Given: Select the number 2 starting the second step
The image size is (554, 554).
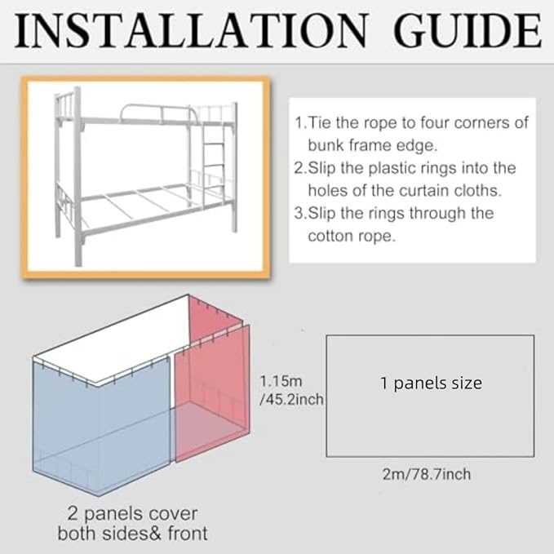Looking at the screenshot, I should click(299, 168).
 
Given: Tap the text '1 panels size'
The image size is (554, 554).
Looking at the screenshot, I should click(430, 383).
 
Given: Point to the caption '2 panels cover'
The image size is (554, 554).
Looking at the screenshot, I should click(132, 514).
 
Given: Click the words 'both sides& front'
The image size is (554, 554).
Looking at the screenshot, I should click(132, 534).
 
